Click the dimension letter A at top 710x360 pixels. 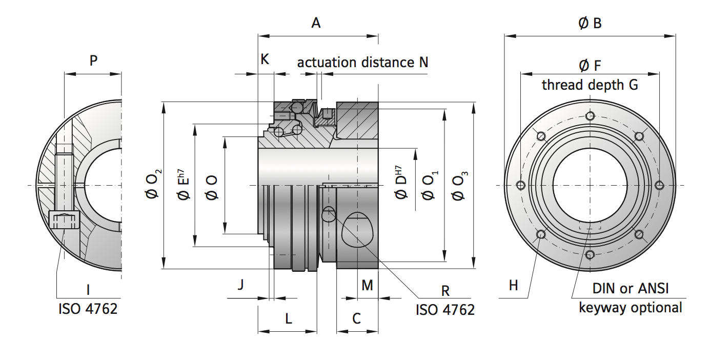point(316,23)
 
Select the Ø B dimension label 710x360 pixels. point(590,23)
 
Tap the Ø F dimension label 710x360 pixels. point(590,65)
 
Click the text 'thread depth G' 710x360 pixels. point(590,85)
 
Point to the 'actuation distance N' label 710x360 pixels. point(362,63)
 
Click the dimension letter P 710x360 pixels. point(93,61)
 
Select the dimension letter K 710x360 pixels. point(265,59)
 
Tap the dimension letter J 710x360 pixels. point(240,285)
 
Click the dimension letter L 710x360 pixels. point(289,319)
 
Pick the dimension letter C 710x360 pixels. point(357,319)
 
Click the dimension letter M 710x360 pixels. point(367,285)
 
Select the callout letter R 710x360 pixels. point(445,291)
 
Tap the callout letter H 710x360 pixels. point(514,285)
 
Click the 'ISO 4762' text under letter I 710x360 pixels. point(88,309)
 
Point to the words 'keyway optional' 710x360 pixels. point(631,308)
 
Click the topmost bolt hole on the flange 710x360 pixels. point(590,115)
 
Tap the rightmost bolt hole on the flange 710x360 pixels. point(659,185)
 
